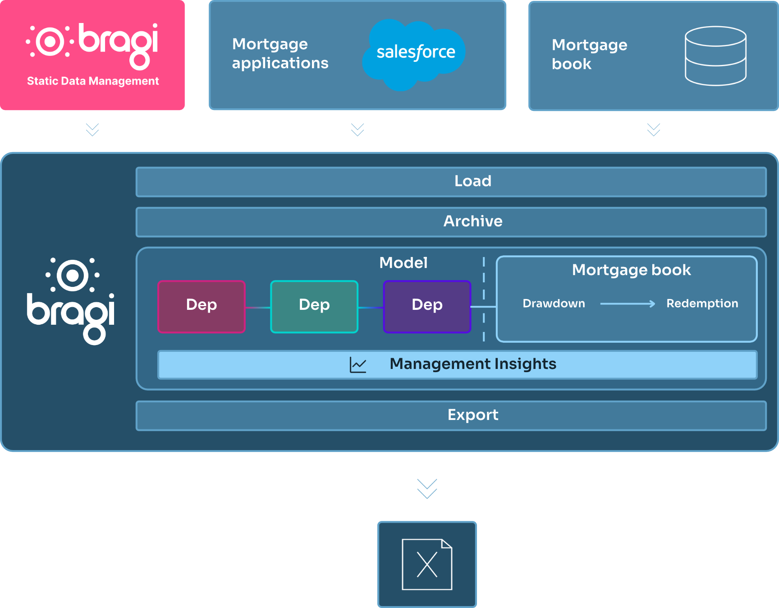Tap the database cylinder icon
click(x=715, y=56)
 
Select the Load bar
click(x=451, y=182)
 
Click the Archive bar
click(x=451, y=222)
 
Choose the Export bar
click(x=451, y=415)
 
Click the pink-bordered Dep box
click(x=202, y=307)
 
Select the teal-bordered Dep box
click(x=314, y=307)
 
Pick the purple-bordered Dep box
click(x=427, y=307)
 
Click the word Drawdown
click(x=554, y=304)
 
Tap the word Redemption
click(x=702, y=304)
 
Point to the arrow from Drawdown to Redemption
click(x=628, y=304)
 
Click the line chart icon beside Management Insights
click(x=358, y=364)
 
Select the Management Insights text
click(x=473, y=364)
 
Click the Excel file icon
click(x=427, y=564)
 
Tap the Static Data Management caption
click(x=93, y=81)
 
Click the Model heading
click(x=403, y=263)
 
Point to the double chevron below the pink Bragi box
click(x=92, y=130)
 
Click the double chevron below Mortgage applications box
click(x=357, y=130)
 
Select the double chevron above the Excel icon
click(x=427, y=489)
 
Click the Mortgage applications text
click(x=280, y=54)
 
